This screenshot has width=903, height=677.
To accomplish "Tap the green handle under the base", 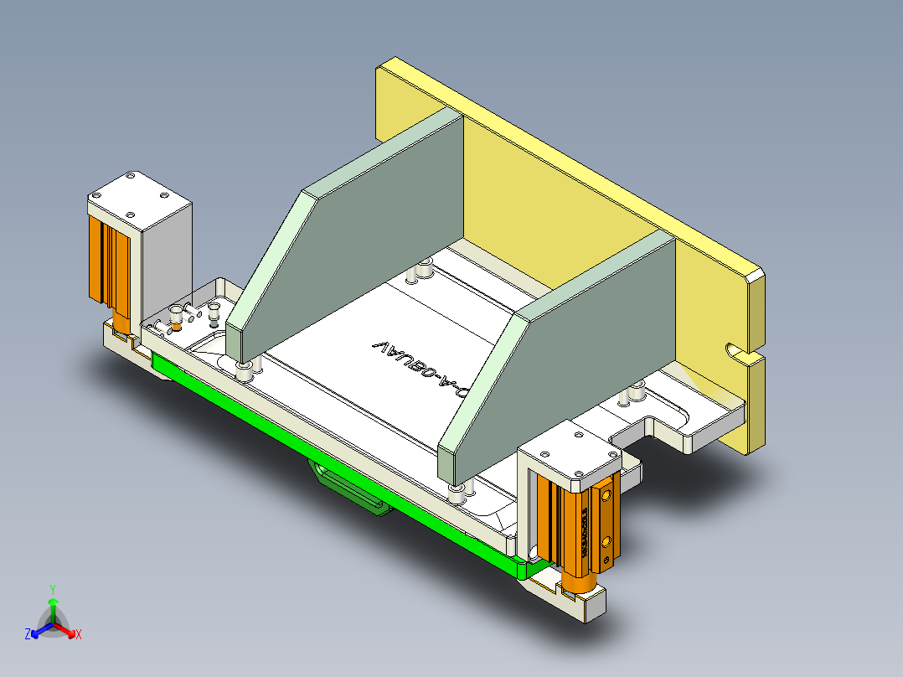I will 352,490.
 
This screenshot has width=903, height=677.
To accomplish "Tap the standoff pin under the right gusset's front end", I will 457,491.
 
